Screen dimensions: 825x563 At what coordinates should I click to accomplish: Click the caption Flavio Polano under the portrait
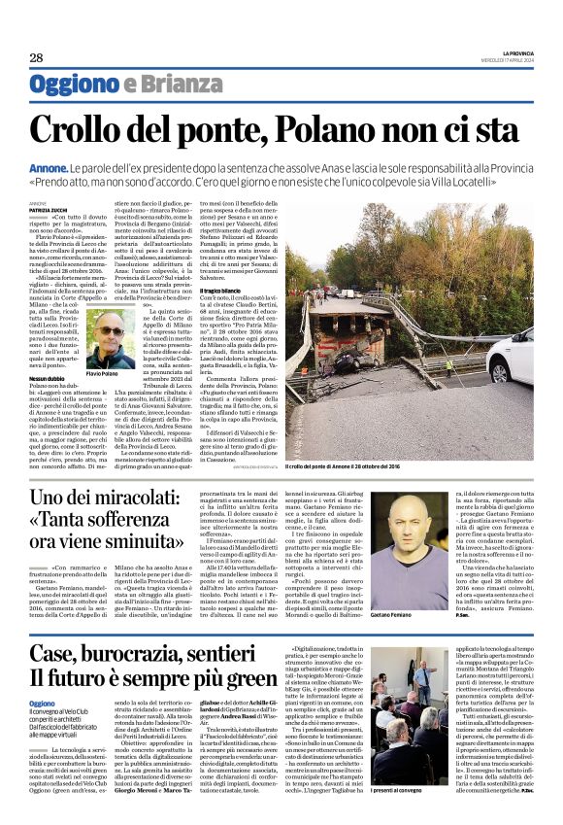click(116, 373)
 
